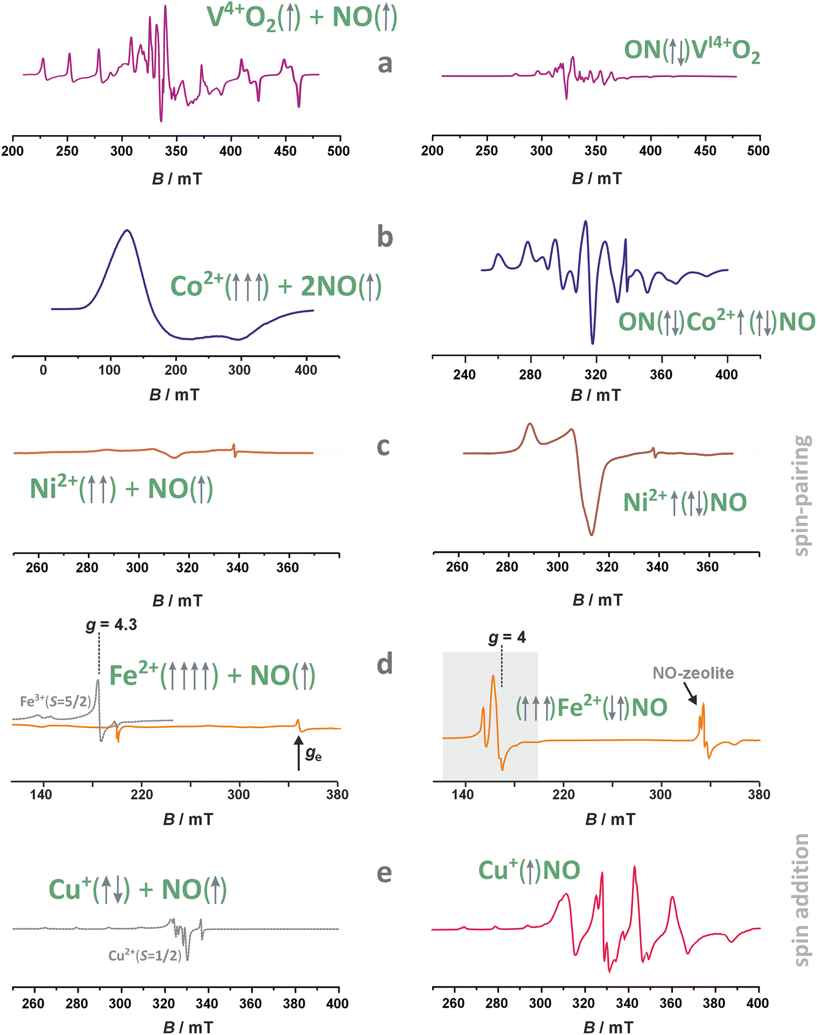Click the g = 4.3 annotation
(111, 625)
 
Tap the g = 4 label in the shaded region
(507, 637)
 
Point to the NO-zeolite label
(693, 673)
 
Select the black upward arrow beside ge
(298, 753)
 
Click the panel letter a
(385, 63)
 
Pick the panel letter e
(384, 873)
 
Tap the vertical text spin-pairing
(801, 495)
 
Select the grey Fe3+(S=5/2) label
(55, 701)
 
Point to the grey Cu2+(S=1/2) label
(145, 955)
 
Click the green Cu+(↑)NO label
(529, 870)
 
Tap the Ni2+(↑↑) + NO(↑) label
(121, 489)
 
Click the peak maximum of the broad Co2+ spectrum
(127, 230)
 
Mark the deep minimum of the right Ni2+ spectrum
(591, 535)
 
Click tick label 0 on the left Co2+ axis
(43, 371)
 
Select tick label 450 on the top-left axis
(285, 151)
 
